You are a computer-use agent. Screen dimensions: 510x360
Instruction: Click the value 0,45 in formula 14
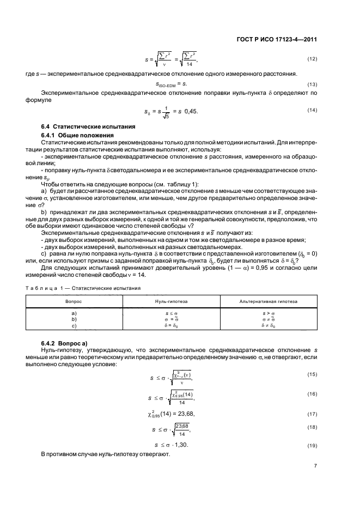tap(191, 111)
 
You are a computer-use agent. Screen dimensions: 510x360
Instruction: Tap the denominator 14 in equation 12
tap(190, 64)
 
